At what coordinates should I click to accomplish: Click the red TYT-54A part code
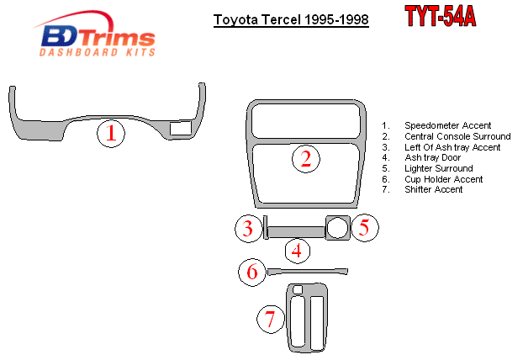[441, 16]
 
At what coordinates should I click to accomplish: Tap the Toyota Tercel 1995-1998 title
[291, 19]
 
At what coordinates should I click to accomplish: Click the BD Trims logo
[94, 34]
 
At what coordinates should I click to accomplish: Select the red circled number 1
[111, 133]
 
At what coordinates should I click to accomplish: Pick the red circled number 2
[306, 159]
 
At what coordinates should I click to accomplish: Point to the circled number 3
[249, 229]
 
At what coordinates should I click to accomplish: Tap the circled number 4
[298, 251]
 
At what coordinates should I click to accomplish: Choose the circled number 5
[365, 228]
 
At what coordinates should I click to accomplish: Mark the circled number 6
[252, 272]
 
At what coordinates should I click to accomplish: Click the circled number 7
[271, 320]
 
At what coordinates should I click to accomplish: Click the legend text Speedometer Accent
[447, 125]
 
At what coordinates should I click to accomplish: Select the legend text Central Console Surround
[457, 136]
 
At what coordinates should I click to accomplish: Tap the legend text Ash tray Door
[432, 157]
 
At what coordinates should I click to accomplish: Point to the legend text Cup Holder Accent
[444, 179]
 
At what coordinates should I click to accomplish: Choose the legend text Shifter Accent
[433, 189]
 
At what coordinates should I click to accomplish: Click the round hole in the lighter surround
[337, 228]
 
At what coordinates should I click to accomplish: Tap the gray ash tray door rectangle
[296, 232]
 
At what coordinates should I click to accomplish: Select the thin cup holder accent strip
[307, 271]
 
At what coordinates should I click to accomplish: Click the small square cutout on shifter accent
[298, 289]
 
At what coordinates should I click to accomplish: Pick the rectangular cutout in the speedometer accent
[181, 129]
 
